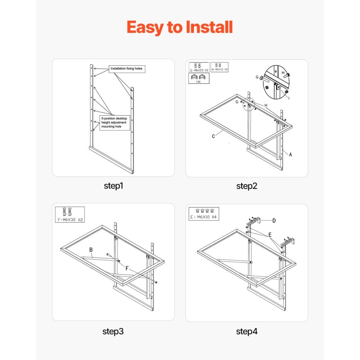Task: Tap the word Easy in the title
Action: [145, 27]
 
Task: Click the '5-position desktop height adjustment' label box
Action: [115, 123]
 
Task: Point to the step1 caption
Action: [113, 185]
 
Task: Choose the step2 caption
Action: [247, 185]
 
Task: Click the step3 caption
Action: [113, 332]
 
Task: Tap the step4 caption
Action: [247, 332]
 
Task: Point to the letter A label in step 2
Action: [291, 154]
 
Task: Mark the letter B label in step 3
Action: [90, 250]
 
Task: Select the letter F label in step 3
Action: [127, 268]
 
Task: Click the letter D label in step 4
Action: [274, 220]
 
